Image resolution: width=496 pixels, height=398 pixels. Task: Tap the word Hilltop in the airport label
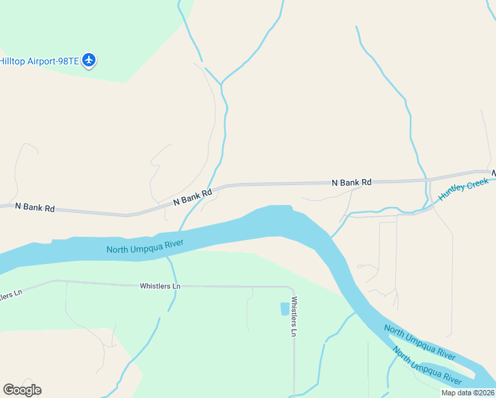click(12, 61)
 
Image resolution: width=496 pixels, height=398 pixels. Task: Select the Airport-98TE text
click(52, 61)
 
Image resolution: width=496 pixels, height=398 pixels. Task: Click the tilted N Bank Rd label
click(192, 196)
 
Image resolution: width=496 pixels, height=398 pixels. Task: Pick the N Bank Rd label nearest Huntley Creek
click(351, 182)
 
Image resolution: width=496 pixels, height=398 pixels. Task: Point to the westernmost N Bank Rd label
click(34, 207)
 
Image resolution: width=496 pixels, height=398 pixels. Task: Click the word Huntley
click(452, 192)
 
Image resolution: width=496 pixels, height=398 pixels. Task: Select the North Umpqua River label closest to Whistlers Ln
click(145, 245)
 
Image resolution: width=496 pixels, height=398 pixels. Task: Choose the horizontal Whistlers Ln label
click(160, 287)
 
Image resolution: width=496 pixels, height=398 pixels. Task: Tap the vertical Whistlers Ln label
click(294, 316)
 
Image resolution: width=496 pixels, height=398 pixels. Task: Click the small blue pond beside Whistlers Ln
click(285, 309)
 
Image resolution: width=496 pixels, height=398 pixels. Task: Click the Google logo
click(22, 390)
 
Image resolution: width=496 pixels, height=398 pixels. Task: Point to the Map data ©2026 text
click(468, 393)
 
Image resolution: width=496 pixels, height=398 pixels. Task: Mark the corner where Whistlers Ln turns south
click(292, 288)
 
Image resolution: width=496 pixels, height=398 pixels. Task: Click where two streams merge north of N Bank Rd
click(221, 84)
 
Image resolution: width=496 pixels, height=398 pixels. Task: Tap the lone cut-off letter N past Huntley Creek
click(493, 173)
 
